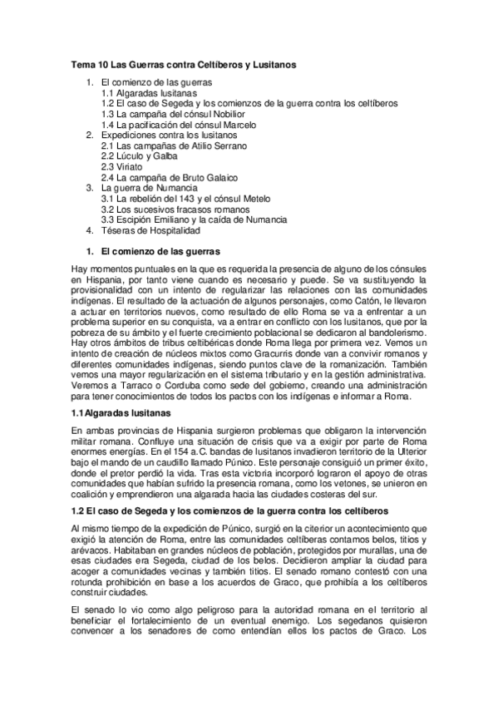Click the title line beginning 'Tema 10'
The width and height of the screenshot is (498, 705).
pos(184,64)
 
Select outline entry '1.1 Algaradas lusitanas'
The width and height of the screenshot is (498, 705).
pos(143,94)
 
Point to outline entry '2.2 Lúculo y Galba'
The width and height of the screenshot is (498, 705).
pos(139,155)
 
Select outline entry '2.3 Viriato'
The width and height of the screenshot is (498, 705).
pos(121,166)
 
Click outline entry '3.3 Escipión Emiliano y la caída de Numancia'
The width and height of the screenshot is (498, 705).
pos(194,219)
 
